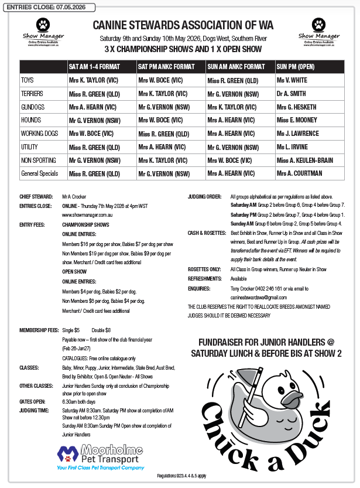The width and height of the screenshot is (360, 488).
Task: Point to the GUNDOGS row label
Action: [x=33, y=107]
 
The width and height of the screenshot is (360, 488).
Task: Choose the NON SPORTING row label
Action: [x=38, y=160]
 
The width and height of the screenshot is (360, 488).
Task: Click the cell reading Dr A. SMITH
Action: [x=292, y=93]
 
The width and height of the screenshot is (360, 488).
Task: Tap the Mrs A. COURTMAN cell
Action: [x=300, y=173]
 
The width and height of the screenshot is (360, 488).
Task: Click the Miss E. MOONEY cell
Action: [x=297, y=120]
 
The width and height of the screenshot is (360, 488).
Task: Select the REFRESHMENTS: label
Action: [x=204, y=279]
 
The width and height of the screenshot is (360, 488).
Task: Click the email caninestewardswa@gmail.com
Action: [x=258, y=298]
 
